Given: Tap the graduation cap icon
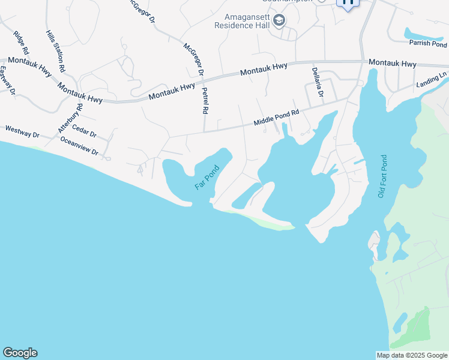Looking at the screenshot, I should (279, 22).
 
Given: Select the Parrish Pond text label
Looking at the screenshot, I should (428, 44).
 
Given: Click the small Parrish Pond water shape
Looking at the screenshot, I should (423, 34).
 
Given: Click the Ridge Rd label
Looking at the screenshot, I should (22, 43).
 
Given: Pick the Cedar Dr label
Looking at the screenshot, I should (84, 130).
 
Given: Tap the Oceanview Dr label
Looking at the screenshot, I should (79, 146).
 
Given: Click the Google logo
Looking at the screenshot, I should (20, 353).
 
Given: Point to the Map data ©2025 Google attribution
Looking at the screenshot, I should (412, 355).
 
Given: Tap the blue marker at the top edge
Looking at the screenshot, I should (348, 3).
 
